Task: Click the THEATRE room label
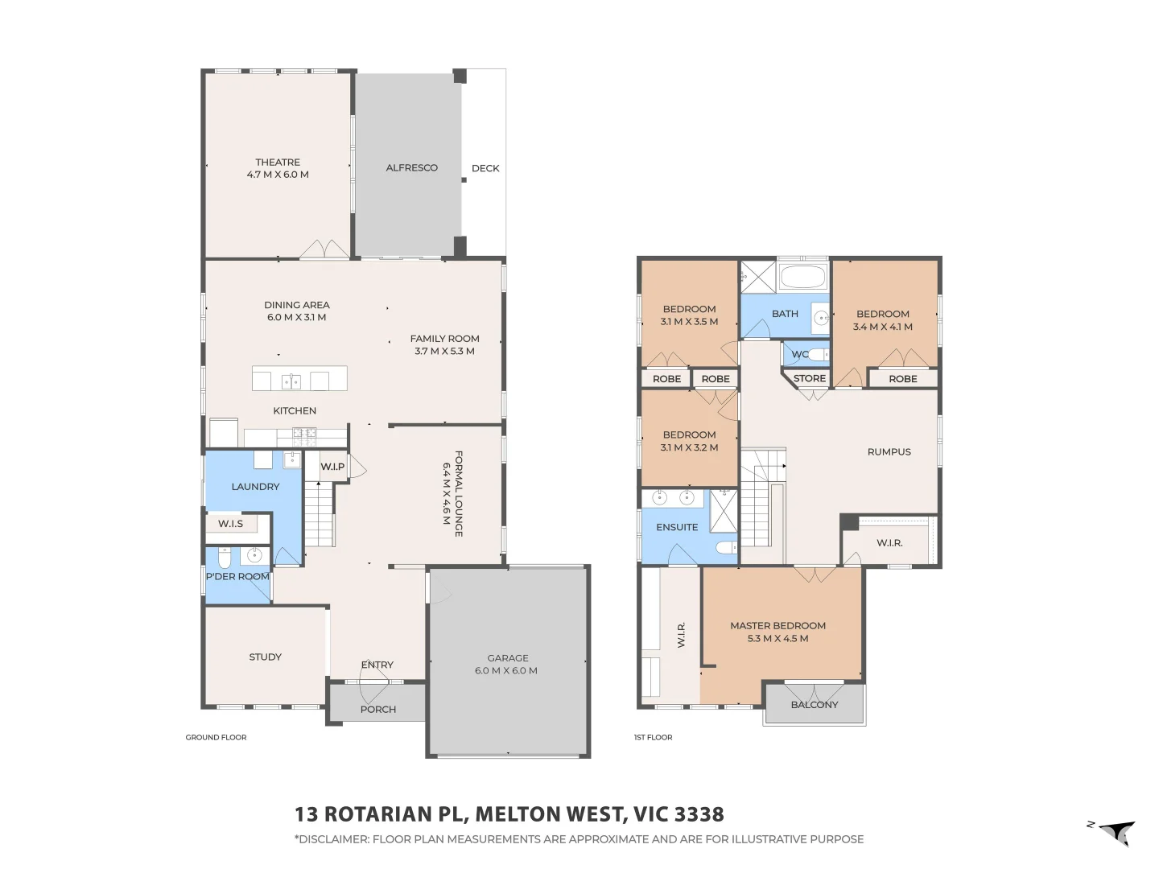(278, 163)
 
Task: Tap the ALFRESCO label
(411, 168)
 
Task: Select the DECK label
(485, 168)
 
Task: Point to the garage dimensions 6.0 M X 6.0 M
(506, 670)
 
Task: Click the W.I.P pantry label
(332, 467)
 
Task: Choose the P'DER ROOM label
(237, 576)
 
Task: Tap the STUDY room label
(265, 657)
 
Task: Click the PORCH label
(378, 710)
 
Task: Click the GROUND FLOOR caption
(216, 737)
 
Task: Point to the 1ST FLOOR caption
(653, 737)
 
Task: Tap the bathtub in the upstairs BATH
(802, 278)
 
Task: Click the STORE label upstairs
(810, 378)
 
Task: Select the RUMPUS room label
(889, 452)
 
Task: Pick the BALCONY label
(815, 705)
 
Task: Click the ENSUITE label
(677, 527)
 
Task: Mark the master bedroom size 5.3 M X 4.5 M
(777, 639)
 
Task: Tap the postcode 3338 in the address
(699, 814)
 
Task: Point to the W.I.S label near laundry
(230, 524)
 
